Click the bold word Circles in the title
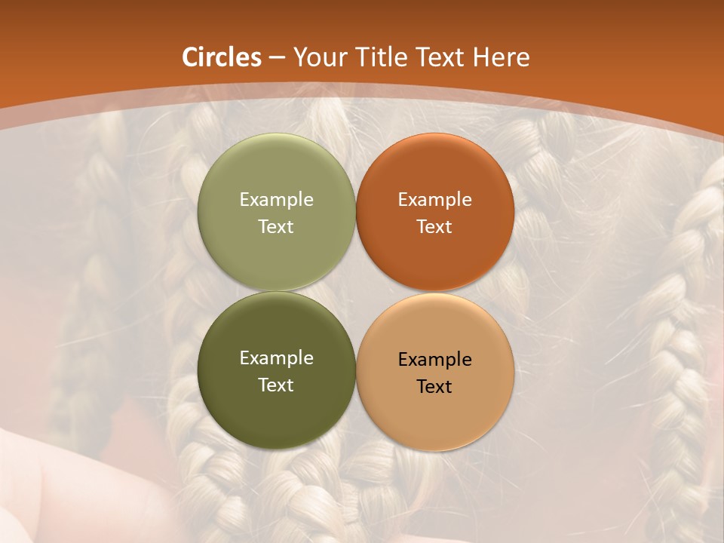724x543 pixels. tap(221, 57)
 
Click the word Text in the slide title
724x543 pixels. tap(441, 57)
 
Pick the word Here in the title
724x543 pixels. tap(502, 57)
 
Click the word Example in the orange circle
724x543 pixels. tap(434, 200)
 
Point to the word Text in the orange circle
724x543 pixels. tap(434, 226)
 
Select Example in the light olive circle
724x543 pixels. tap(276, 200)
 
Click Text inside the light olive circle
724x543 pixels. tap(276, 226)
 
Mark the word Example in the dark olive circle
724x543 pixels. tap(276, 358)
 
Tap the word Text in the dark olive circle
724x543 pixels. tap(276, 385)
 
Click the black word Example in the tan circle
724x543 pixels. tap(434, 360)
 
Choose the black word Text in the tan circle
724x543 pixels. tap(434, 386)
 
